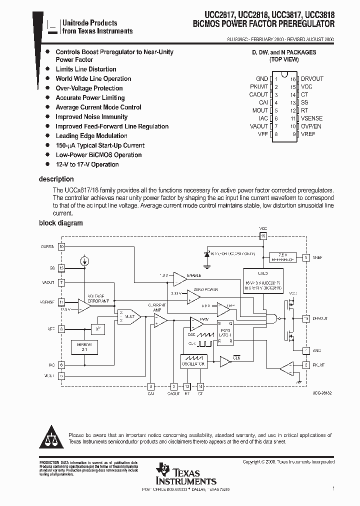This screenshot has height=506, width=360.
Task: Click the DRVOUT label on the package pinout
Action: [x=312, y=78]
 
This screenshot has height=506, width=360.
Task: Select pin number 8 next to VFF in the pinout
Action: [x=276, y=134]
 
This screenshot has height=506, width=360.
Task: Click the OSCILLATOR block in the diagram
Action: [x=193, y=361]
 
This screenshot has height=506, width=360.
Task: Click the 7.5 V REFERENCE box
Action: [x=282, y=257]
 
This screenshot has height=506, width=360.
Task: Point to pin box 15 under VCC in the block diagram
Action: [x=263, y=235]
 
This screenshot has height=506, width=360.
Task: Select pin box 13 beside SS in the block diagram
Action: [x=61, y=268]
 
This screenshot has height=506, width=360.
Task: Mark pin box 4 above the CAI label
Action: [x=151, y=386]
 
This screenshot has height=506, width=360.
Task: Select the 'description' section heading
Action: [x=56, y=179]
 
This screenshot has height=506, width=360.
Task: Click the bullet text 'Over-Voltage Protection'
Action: [x=89, y=88]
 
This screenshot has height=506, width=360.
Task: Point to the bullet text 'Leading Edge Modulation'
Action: [x=91, y=135]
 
